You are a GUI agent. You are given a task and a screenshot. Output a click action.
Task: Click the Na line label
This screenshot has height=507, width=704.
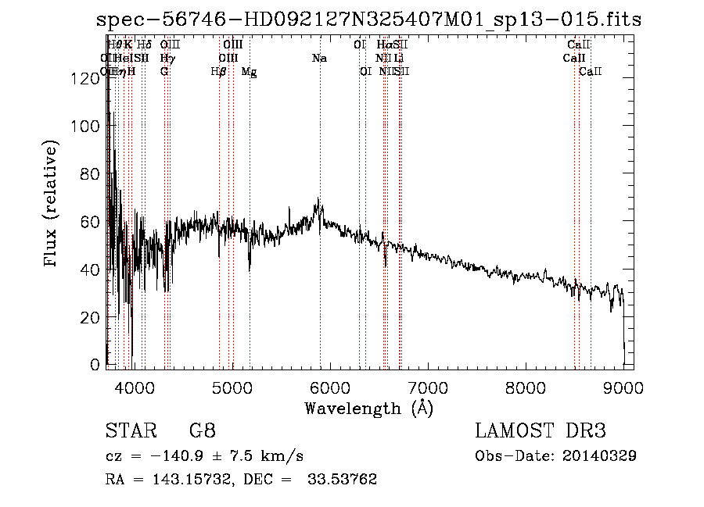319,59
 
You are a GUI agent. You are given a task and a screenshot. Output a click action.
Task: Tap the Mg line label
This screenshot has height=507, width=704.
249,72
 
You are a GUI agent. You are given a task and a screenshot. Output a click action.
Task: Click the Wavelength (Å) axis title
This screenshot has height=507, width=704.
369,408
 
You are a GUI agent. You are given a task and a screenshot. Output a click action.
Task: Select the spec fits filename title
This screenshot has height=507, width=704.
368,20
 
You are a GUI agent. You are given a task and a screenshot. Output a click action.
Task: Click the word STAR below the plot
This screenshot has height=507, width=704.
130,431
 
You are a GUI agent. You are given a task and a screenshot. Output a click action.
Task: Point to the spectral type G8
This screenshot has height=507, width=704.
203,431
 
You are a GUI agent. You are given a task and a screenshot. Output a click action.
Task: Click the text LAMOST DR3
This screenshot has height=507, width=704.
541,431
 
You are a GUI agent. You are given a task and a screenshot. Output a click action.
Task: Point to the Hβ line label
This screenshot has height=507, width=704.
219,72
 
